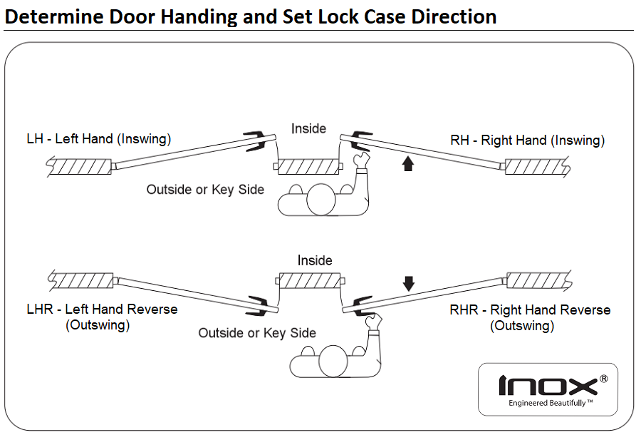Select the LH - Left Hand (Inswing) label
pyautogui.click(x=98, y=139)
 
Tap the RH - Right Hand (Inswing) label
pyautogui.click(x=527, y=140)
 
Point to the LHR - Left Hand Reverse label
pyautogui.click(x=102, y=309)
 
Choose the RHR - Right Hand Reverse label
pyautogui.click(x=530, y=310)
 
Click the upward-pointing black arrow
pyautogui.click(x=407, y=165)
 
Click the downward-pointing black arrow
pyautogui.click(x=408, y=284)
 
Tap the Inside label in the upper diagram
pyautogui.click(x=308, y=129)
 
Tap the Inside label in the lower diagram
pyautogui.click(x=315, y=260)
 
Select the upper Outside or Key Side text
pyautogui.click(x=205, y=190)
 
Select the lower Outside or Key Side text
pyautogui.click(x=257, y=333)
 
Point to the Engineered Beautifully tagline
pyautogui.click(x=547, y=404)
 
